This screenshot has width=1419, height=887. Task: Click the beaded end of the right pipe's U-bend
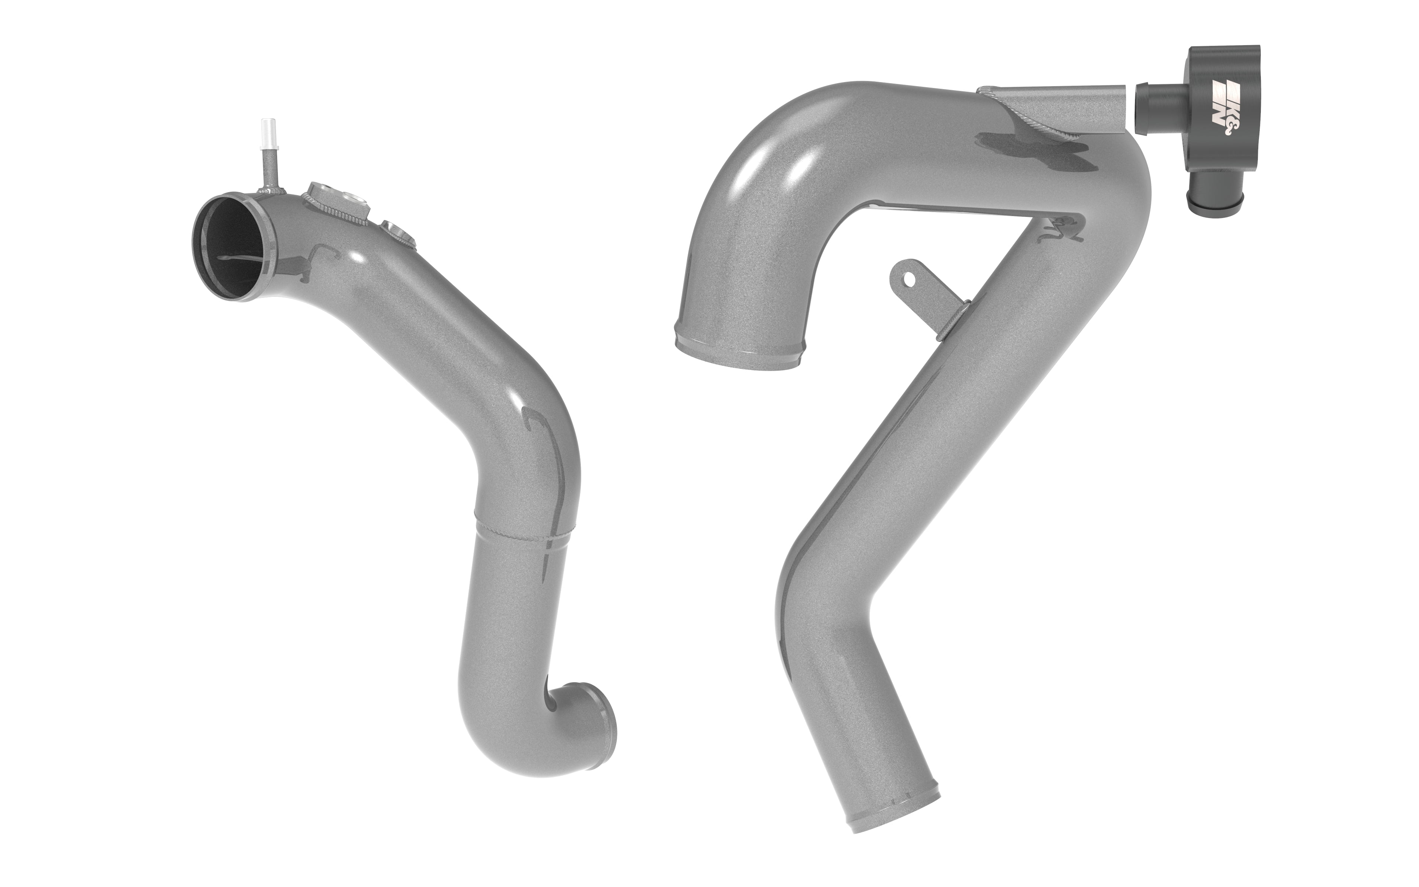(x=740, y=352)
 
